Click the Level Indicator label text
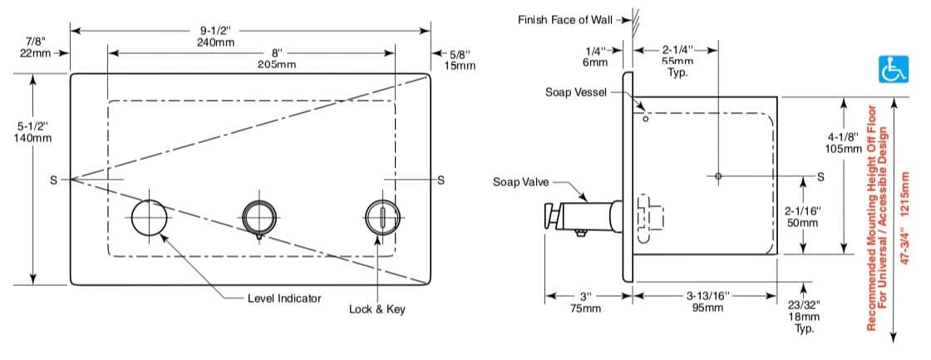pyautogui.click(x=284, y=298)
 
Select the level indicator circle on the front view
pyautogui.click(x=150, y=218)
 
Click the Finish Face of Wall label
pyautogui.click(x=564, y=19)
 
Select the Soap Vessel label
pyautogui.click(x=576, y=91)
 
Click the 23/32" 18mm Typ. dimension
pyautogui.click(x=803, y=317)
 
